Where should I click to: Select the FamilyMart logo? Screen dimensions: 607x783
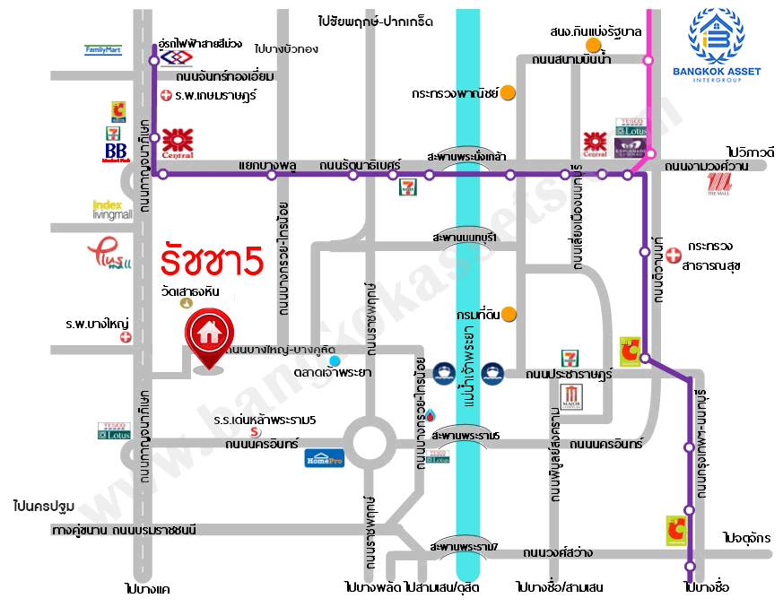click(103, 50)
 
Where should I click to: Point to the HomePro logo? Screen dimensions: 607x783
click(324, 457)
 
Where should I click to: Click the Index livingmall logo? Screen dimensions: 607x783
click(112, 209)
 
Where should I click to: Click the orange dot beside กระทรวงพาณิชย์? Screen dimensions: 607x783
click(508, 91)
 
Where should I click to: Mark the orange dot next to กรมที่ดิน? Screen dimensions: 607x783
click(509, 313)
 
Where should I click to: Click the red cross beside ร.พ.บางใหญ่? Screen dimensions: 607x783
click(126, 337)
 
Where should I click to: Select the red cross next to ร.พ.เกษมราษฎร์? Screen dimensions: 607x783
click(165, 94)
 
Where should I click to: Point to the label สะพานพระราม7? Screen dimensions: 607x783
click(464, 546)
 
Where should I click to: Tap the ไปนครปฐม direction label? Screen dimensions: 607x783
click(43, 507)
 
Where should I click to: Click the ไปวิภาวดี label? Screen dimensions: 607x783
click(751, 152)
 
